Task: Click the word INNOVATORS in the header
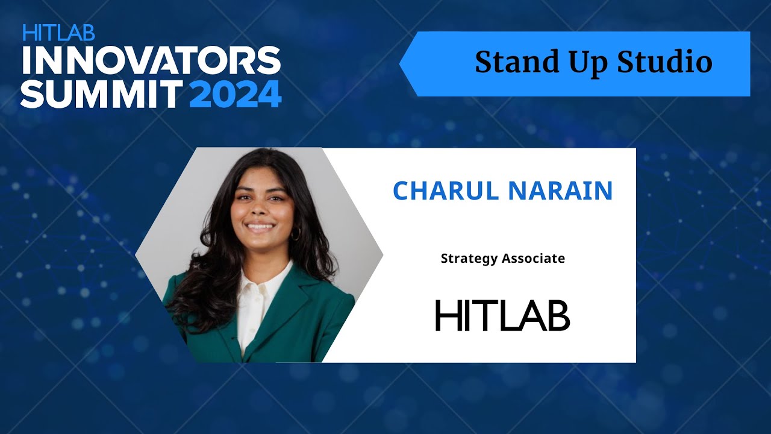coord(151,60)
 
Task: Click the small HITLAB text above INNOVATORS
coord(58,32)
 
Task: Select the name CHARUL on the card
coord(446,191)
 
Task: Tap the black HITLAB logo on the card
coord(502,315)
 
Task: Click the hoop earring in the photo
coord(295,234)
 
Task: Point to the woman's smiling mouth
coord(261,227)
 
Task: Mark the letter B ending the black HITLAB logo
coord(558,315)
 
